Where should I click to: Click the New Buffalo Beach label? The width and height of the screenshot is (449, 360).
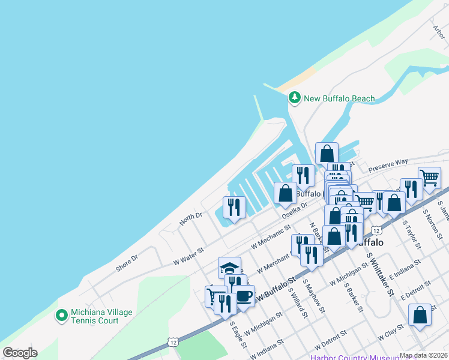pyautogui.click(x=339, y=98)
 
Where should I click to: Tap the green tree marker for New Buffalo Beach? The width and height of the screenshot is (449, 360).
pyautogui.click(x=294, y=97)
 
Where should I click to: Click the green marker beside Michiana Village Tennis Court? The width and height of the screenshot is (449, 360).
pyautogui.click(x=61, y=314)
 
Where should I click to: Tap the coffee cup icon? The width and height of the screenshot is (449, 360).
pyautogui.click(x=243, y=295)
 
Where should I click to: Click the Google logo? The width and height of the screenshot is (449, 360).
pyautogui.click(x=20, y=353)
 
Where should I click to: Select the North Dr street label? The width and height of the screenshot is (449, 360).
pyautogui.click(x=191, y=220)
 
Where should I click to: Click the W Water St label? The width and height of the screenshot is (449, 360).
pyautogui.click(x=188, y=253)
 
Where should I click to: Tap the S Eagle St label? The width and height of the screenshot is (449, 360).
pyautogui.click(x=238, y=334)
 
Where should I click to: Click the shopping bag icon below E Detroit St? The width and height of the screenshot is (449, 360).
pyautogui.click(x=420, y=315)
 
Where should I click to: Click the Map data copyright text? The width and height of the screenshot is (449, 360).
pyautogui.click(x=423, y=355)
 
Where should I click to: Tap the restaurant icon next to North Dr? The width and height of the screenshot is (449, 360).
pyautogui.click(x=234, y=207)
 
